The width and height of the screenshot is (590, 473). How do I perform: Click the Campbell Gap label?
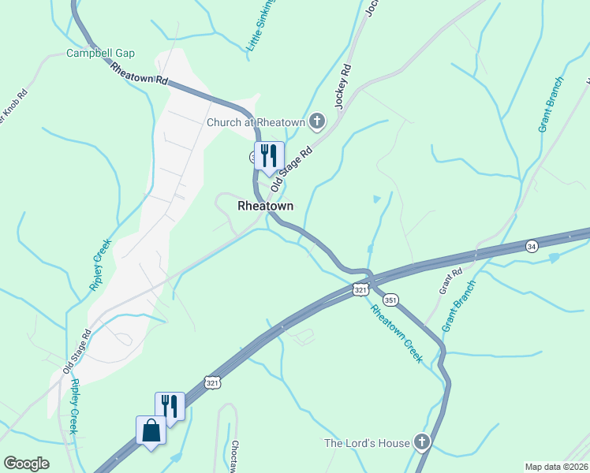[x=100, y=54]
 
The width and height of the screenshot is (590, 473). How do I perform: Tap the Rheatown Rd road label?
[x=140, y=74]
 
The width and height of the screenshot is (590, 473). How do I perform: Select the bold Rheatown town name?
[x=265, y=206]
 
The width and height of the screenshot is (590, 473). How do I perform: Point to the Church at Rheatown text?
[x=256, y=122]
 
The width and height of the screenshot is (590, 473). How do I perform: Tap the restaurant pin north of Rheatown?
[x=269, y=158]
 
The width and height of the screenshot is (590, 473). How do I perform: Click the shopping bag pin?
[x=151, y=432]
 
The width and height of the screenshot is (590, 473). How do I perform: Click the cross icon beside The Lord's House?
[x=423, y=442]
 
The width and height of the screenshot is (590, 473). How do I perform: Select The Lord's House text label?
[x=367, y=443]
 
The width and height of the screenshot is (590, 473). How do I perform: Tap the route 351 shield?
[x=391, y=300]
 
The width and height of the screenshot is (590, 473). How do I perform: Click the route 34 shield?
[x=532, y=246]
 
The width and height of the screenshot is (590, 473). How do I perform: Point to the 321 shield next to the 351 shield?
[x=360, y=290]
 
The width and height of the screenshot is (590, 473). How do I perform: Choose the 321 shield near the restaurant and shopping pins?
[x=212, y=382]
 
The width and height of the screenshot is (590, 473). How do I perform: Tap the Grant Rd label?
[x=452, y=281]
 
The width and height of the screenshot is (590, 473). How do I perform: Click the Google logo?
[x=27, y=464]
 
